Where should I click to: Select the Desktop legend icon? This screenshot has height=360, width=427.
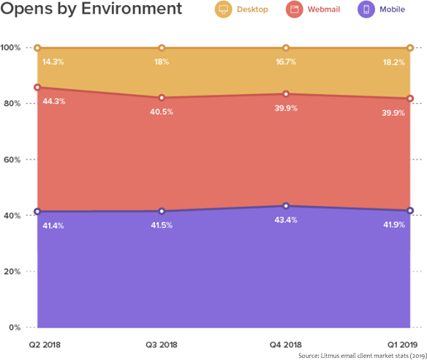[223, 10]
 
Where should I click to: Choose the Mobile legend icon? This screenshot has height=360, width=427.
[366, 10]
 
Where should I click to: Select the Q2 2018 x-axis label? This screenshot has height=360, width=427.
[43, 344]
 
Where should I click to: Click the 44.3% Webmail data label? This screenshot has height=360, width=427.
[54, 101]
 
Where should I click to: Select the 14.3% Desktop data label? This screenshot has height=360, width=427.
[53, 62]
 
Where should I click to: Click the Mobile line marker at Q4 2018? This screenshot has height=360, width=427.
[286, 206]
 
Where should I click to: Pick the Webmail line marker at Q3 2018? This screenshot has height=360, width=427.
[162, 98]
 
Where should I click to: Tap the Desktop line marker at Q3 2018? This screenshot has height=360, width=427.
[162, 48]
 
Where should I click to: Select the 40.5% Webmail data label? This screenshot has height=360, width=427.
[162, 112]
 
